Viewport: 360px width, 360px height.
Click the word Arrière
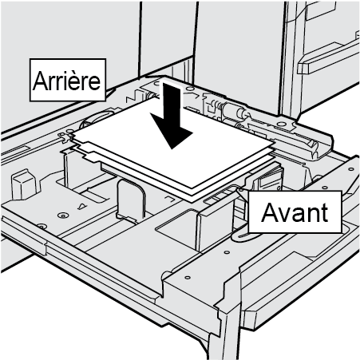point(66,81)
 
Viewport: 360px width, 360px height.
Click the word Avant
point(295,212)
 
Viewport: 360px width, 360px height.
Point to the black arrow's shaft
point(171,102)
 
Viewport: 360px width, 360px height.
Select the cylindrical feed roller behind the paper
point(233,110)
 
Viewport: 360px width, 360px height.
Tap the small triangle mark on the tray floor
point(83,206)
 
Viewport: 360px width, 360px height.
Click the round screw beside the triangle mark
point(63,215)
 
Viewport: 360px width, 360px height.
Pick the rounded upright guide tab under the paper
point(131,200)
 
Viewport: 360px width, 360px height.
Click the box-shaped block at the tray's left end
point(24,184)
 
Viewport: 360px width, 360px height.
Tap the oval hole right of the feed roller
point(280,124)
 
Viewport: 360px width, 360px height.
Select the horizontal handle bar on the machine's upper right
point(328,59)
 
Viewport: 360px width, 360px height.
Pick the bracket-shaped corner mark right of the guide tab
point(169,198)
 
